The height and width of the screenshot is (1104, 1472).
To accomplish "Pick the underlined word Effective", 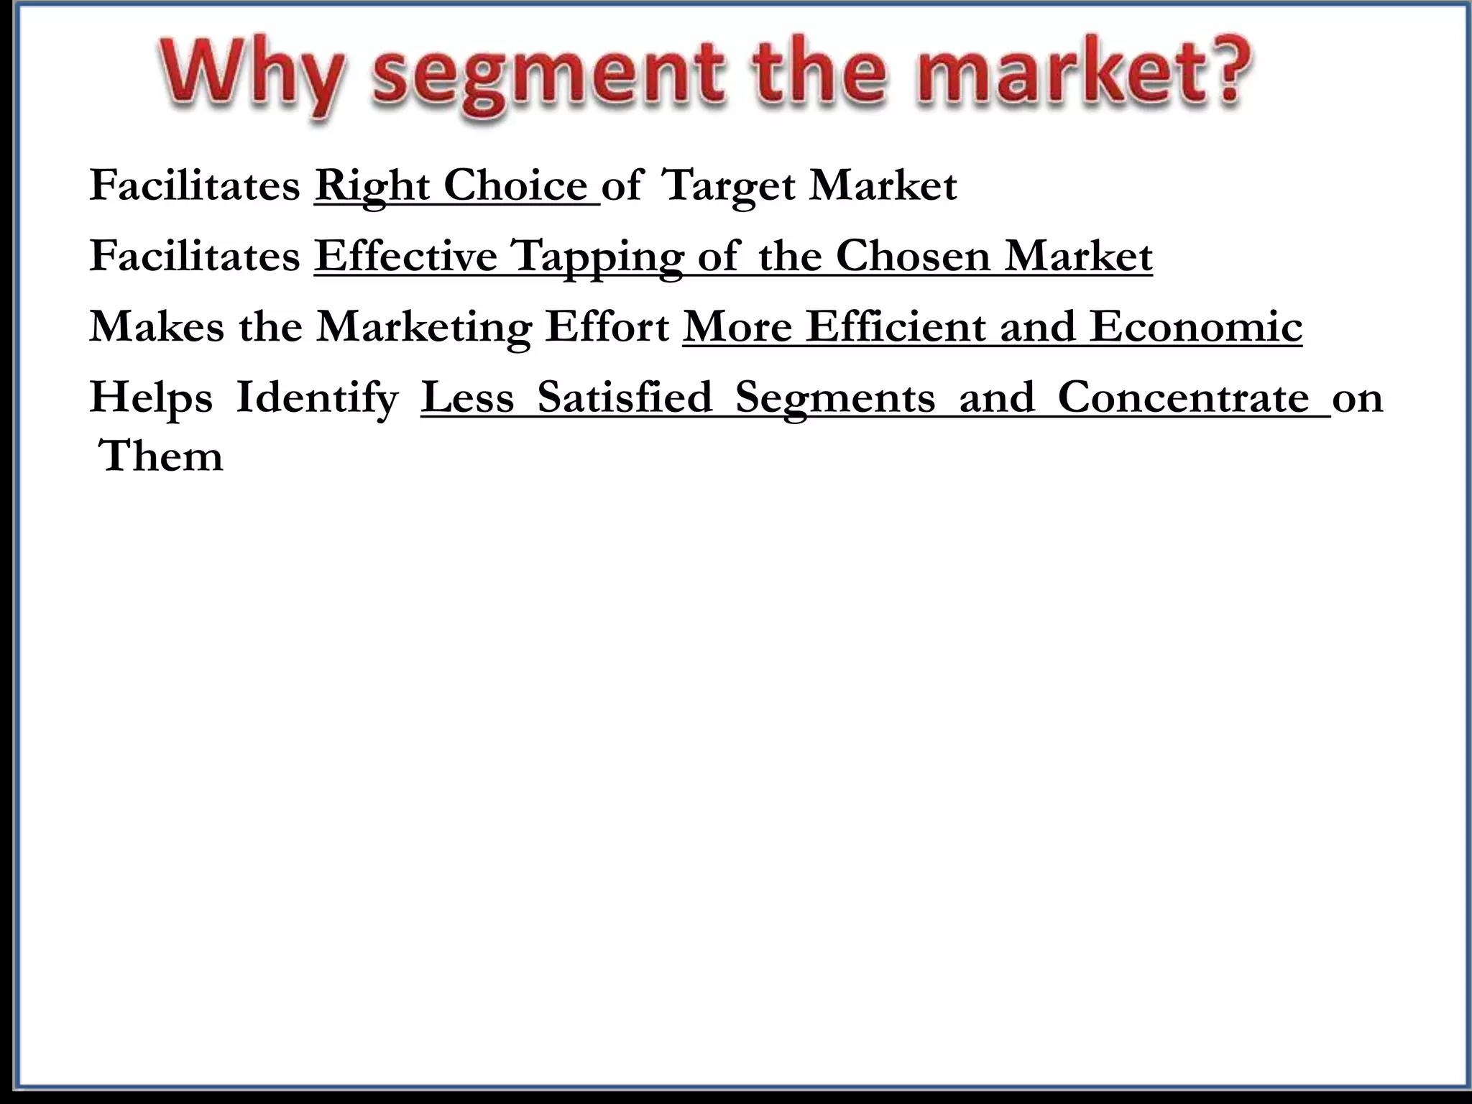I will point(405,256).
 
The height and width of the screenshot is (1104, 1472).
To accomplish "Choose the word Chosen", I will point(913,256).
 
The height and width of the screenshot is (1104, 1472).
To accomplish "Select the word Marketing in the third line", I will point(424,328).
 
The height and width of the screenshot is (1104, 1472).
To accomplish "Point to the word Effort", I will point(607,326).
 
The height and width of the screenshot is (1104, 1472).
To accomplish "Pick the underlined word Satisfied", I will point(625,397).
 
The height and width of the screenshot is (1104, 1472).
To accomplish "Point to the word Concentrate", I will point(1183,397).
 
